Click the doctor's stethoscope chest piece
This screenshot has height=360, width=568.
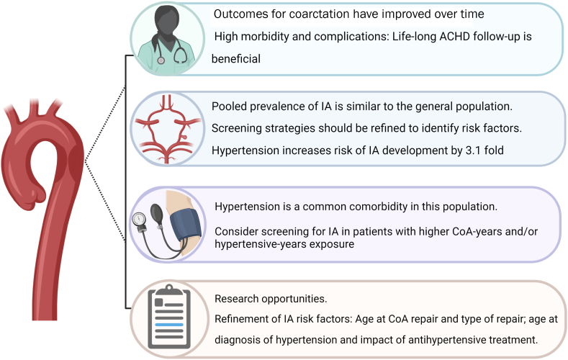161,60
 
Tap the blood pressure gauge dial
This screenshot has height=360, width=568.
139,219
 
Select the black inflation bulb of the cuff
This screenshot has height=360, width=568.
157,211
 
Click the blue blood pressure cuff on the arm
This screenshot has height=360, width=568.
186,224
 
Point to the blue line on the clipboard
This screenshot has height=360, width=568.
168,325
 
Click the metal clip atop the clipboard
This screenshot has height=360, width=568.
168,289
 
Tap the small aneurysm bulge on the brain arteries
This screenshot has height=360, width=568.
184,138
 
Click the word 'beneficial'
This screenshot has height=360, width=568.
236,58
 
